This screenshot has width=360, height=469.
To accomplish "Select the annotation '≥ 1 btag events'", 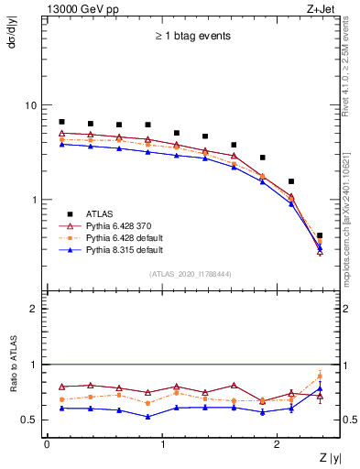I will pyautogui.click(x=192, y=37).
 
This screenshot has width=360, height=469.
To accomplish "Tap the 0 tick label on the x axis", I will pyautogui.click(x=47, y=444).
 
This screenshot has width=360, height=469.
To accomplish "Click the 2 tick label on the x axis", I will pyautogui.click(x=279, y=444).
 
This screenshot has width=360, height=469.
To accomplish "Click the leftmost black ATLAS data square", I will pyautogui.click(x=61, y=122).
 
